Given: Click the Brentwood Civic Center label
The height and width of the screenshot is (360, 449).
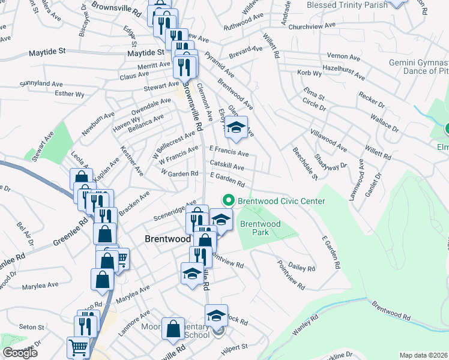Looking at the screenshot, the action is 282,201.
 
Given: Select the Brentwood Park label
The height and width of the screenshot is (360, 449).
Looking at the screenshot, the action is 260,228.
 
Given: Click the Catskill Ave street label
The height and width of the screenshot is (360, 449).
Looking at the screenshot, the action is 227,166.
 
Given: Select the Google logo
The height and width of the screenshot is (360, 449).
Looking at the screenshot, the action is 20,353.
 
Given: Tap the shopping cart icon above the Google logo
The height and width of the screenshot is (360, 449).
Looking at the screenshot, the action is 79,347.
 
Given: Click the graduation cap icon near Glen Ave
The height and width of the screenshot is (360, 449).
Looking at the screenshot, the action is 237,127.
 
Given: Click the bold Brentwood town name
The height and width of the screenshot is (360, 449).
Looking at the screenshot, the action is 167,238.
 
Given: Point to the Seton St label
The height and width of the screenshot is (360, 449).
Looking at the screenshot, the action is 32,327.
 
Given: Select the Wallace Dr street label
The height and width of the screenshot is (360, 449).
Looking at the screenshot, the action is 384,122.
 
